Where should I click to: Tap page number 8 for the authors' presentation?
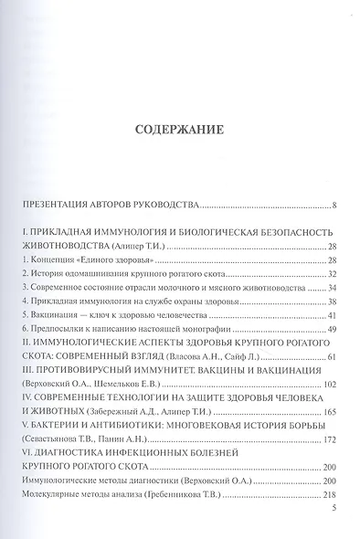(335, 205)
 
